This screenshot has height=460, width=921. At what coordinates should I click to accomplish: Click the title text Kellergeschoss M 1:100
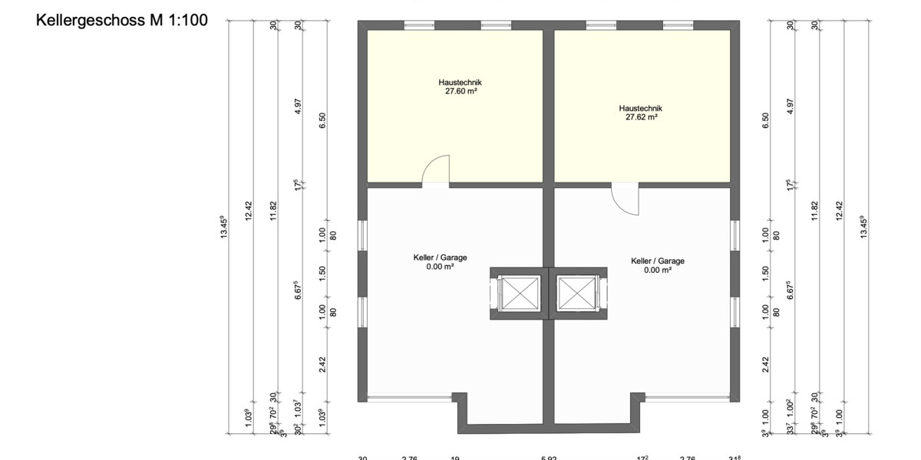point(122,21)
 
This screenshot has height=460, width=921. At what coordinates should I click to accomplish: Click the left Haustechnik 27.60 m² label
point(460,87)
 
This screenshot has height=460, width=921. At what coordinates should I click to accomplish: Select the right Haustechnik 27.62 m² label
point(641,113)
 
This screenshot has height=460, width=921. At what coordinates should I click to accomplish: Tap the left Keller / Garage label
point(440,262)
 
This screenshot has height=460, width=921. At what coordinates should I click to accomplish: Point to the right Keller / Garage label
point(658,265)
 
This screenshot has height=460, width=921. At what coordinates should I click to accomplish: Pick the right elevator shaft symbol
point(577,294)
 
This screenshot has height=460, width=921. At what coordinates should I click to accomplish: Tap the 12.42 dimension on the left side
point(248,210)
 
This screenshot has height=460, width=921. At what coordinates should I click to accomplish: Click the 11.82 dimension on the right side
point(814,210)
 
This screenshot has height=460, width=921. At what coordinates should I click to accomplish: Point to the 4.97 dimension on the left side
point(299,106)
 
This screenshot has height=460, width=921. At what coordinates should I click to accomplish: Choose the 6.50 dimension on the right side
point(765,121)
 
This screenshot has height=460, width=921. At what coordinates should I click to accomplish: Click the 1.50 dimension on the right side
point(765,273)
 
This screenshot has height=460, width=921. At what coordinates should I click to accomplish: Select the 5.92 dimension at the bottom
point(549,458)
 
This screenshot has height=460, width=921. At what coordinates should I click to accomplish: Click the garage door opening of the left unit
point(409,398)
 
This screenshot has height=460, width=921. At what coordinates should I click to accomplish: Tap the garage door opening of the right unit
point(687,398)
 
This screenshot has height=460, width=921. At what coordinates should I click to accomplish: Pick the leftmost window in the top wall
point(419,25)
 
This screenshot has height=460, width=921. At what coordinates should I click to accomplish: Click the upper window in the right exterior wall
point(734,235)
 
